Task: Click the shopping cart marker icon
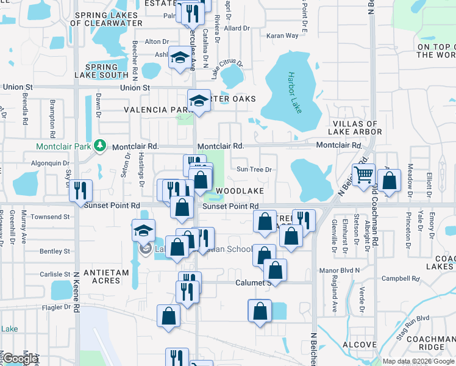(x=363, y=174)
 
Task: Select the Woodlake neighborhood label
(x=240, y=191)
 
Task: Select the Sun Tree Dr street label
(x=253, y=170)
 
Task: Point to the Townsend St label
(x=51, y=217)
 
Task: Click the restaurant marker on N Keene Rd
(x=80, y=190)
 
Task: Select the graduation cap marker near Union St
(x=199, y=99)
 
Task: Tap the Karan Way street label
(x=282, y=35)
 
